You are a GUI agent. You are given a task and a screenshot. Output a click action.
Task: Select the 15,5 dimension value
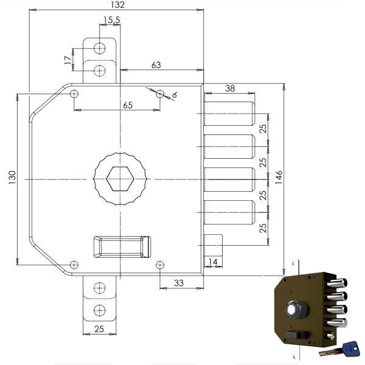(x=111, y=21)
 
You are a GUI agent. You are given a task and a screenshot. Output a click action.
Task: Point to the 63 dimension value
(x=156, y=65)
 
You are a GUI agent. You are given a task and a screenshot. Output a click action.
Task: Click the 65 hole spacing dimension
(x=128, y=105)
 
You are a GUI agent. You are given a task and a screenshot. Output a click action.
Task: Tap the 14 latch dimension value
(x=213, y=262)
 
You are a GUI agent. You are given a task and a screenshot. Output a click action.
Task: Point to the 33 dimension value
(x=179, y=282)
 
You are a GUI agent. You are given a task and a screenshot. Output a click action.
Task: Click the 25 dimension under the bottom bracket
(x=99, y=329)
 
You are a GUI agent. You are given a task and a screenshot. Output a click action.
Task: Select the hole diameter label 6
(x=174, y=96)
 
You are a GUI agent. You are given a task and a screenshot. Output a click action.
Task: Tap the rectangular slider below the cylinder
(x=121, y=246)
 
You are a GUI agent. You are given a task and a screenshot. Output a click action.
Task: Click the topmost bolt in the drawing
(x=229, y=113)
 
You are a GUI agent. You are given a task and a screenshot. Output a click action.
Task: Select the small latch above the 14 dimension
(x=214, y=245)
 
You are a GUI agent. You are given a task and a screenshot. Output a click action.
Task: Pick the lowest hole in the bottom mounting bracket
(x=99, y=310)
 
